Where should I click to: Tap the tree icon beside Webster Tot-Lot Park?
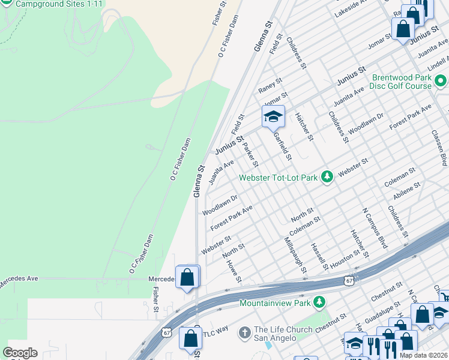[327, 177]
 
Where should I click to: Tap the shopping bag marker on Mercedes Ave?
[187, 277]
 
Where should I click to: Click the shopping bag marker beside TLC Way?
[191, 338]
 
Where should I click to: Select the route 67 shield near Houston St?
[348, 280]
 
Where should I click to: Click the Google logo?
[20, 352]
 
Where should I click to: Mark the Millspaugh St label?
[295, 254]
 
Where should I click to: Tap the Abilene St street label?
[406, 191]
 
